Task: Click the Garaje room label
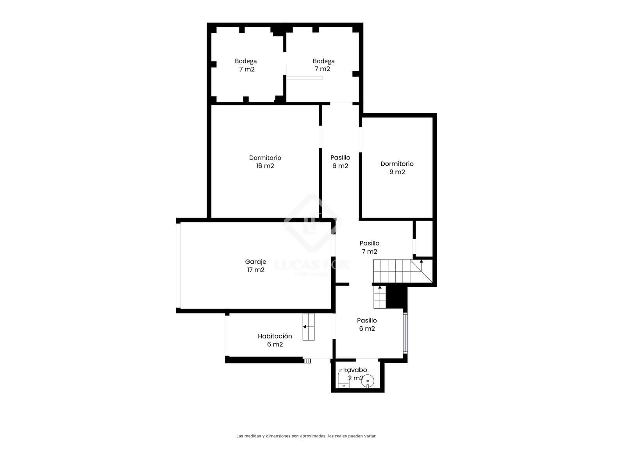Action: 255,266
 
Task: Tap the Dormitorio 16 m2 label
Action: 265,162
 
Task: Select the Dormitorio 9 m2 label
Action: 397,168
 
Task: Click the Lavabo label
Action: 355,370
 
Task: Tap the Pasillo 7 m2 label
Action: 369,247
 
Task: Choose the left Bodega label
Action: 245,65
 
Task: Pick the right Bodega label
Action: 323,65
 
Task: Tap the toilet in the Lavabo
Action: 343,379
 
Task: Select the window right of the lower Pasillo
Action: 405,333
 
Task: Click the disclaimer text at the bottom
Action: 306,436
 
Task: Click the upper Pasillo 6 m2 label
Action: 340,161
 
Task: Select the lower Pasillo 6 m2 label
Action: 367,324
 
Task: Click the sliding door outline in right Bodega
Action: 304,78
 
